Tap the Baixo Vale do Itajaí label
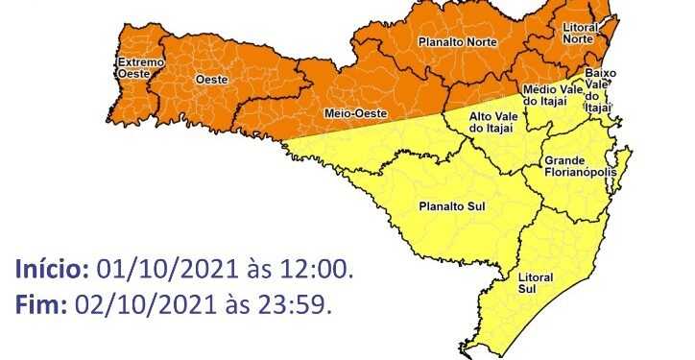tap(598, 91)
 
